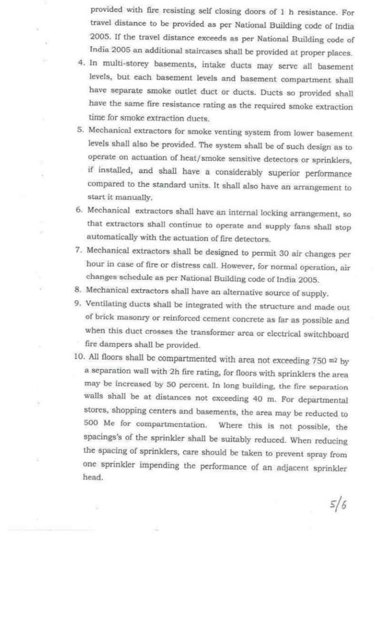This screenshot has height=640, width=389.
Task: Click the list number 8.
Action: tap(79, 292)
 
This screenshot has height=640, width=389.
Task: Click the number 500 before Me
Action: tap(91, 427)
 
